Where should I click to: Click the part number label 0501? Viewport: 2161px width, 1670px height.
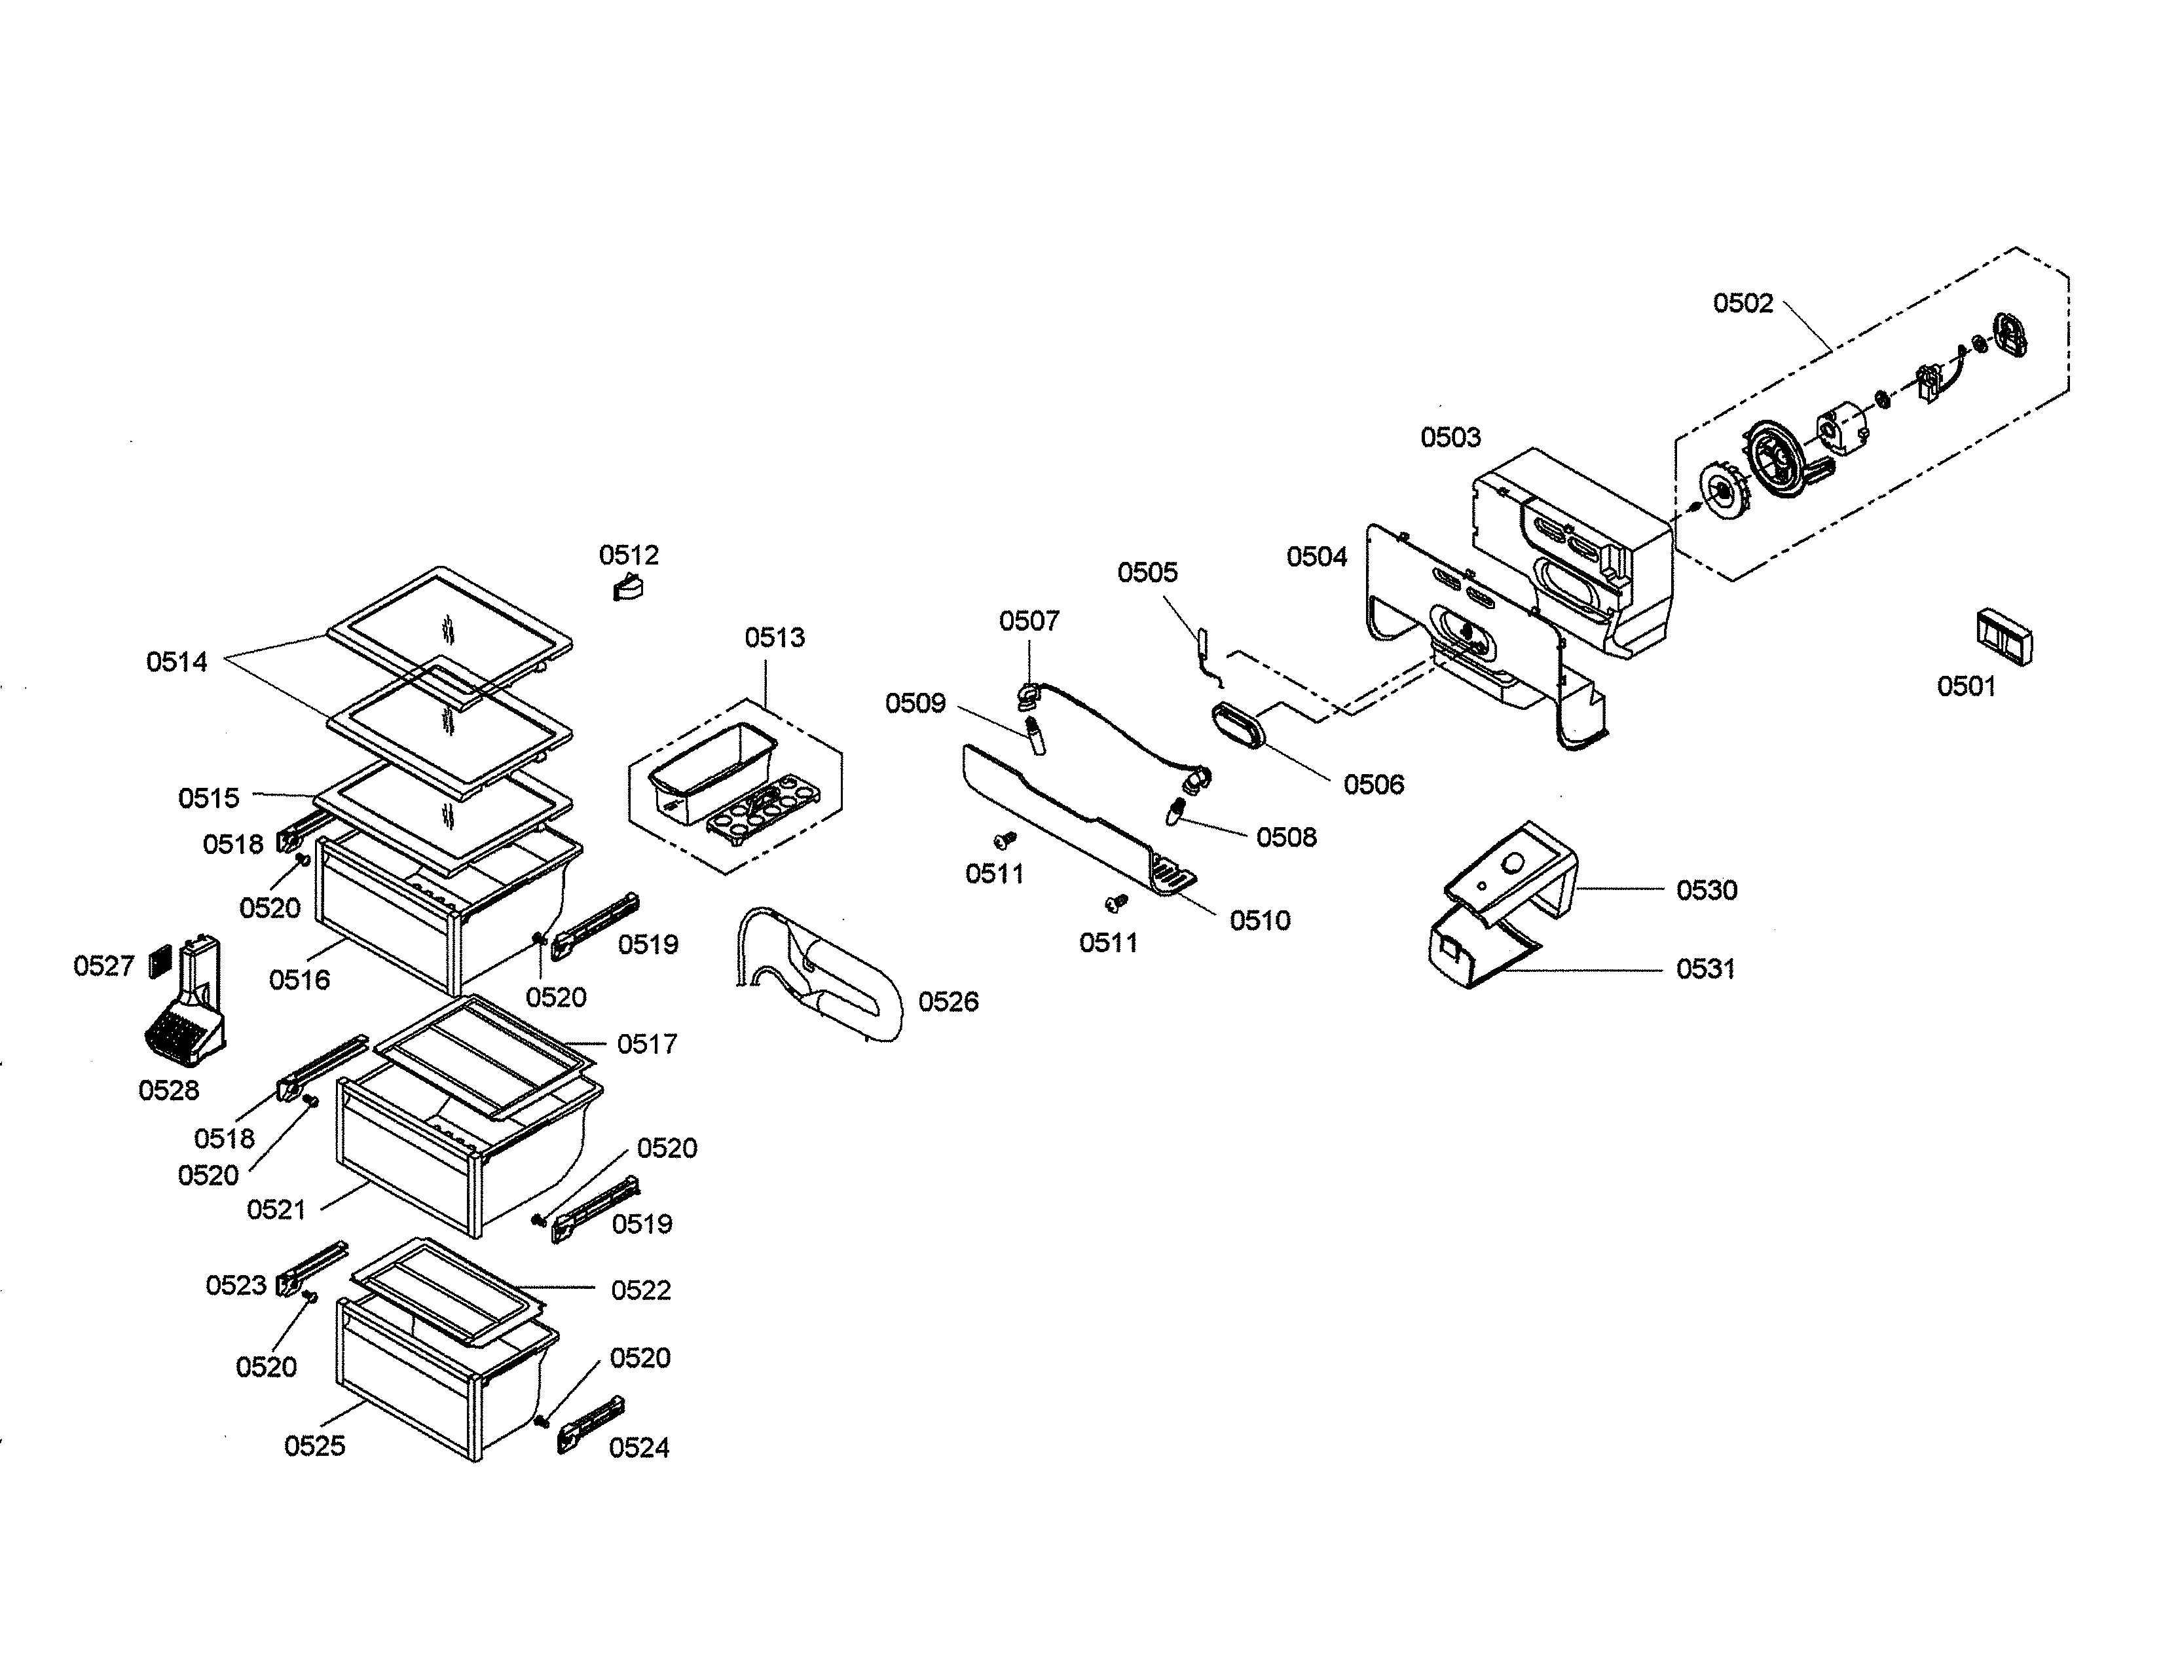point(1966,686)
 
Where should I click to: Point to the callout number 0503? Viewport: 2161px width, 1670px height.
point(1450,437)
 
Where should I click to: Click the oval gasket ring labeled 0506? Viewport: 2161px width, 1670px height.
point(1238,726)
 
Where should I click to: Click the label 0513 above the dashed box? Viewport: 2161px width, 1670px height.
point(775,637)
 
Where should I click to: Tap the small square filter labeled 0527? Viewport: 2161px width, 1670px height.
point(159,961)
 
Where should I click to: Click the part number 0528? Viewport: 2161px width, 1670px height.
point(168,1090)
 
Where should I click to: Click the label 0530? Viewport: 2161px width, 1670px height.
point(1706,891)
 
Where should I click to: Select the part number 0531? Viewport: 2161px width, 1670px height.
point(1706,969)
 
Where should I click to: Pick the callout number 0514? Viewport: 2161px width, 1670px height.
point(177,662)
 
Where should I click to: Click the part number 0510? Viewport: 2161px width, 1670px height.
point(1259,920)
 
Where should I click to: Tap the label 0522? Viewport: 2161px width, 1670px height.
point(640,1290)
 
